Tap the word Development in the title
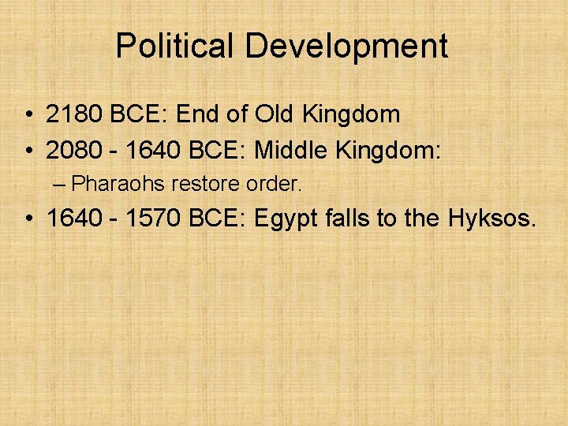tap(346, 47)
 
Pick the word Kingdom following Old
tap(353, 115)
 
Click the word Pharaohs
tap(117, 184)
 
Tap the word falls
tap(349, 218)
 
